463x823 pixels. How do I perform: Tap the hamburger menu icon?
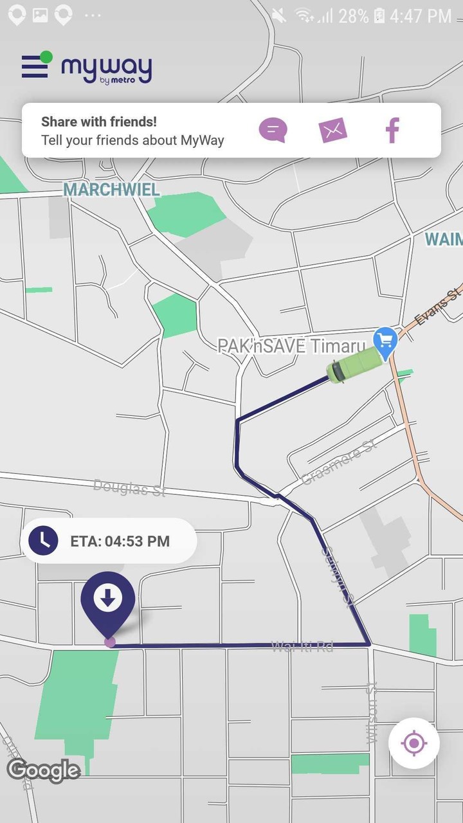(35, 66)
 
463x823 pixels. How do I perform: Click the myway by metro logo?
(107, 69)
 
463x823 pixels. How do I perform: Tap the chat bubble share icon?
(273, 131)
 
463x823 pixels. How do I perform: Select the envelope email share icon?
(333, 131)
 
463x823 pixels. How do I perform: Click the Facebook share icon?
(392, 131)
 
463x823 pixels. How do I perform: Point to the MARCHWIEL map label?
(111, 190)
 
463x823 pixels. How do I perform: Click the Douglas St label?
(129, 487)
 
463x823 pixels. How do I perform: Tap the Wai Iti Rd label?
(302, 646)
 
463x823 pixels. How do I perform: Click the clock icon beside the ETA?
(43, 540)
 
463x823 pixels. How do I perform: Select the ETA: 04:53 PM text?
(120, 541)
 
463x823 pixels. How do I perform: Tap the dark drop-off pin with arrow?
(108, 601)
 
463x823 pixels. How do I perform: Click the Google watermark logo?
(43, 770)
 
